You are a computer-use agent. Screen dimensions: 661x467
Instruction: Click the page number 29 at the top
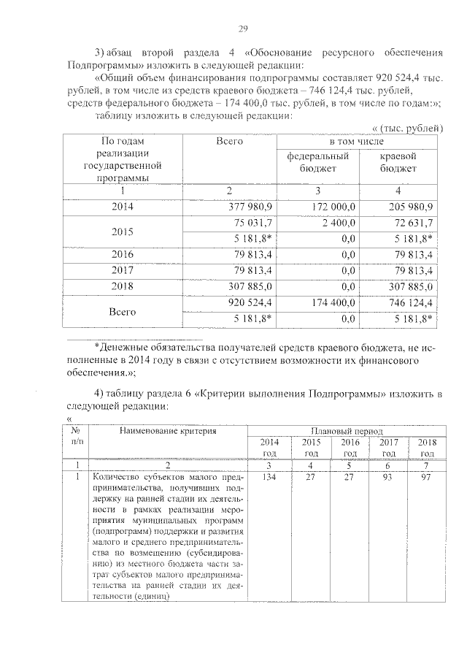pyautogui.click(x=243, y=28)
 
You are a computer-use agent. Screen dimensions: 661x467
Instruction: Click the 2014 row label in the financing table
pyautogui.click(x=123, y=206)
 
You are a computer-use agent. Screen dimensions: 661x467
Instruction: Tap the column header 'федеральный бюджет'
pyautogui.click(x=317, y=162)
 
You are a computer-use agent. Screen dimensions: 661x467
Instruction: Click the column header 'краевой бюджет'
pyautogui.click(x=398, y=162)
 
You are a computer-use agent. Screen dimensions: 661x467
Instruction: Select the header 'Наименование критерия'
pyautogui.click(x=169, y=432)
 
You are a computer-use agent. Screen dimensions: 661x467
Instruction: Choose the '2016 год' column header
pyautogui.click(x=350, y=448)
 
